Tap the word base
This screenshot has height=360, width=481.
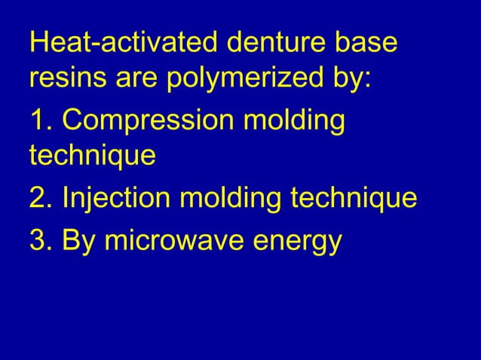point(366,42)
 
